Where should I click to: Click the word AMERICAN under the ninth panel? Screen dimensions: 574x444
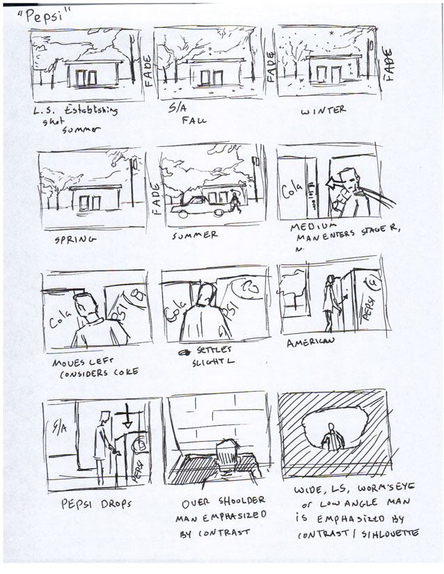(x=311, y=342)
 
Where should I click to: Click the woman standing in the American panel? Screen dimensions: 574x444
(x=328, y=303)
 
